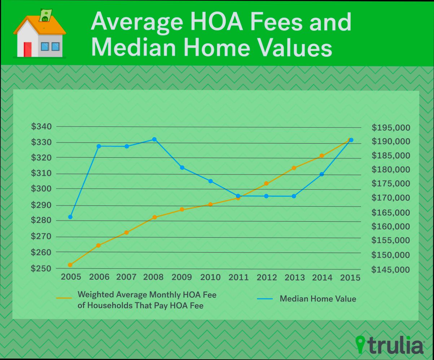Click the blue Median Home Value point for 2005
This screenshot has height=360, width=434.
click(x=70, y=217)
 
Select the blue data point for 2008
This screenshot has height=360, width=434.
click(x=154, y=139)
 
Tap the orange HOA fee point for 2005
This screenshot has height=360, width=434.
click(x=70, y=265)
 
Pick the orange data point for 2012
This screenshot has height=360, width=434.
click(x=266, y=183)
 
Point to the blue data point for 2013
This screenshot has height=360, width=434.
click(x=294, y=196)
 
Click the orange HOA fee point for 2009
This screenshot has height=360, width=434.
click(x=182, y=209)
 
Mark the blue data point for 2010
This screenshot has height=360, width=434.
click(x=210, y=181)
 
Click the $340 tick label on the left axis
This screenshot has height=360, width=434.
click(x=41, y=127)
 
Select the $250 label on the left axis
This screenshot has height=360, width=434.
click(x=41, y=269)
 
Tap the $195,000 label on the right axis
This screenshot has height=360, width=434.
click(x=391, y=128)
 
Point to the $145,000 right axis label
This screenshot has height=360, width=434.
click(x=391, y=270)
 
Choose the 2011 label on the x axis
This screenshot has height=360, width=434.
click(x=238, y=278)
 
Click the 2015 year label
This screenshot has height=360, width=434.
click(x=350, y=278)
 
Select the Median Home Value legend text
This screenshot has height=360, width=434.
click(x=318, y=299)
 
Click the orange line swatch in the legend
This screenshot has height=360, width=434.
click(x=64, y=298)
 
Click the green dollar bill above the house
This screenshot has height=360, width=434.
click(x=45, y=16)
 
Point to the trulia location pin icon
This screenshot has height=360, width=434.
click(x=360, y=344)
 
